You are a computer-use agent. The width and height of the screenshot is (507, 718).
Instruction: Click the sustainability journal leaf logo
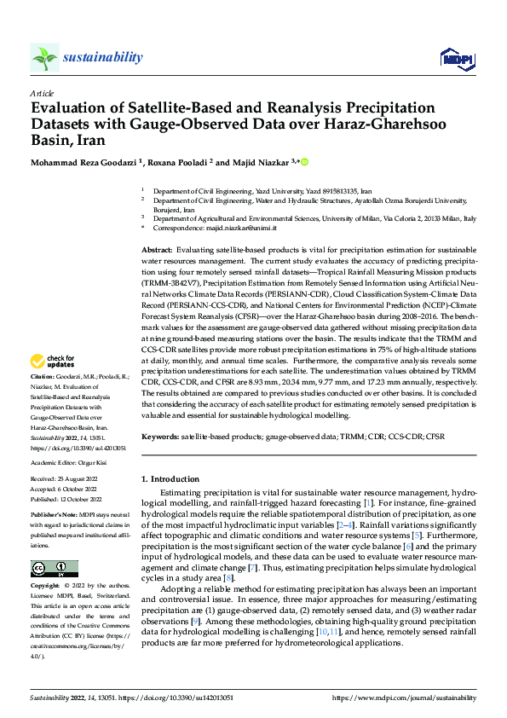coord(44,58)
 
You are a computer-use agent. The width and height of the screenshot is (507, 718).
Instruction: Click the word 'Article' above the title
coord(42,93)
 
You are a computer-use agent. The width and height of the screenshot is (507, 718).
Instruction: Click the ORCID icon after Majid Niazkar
coord(304,161)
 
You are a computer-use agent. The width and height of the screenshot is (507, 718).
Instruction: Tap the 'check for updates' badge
coord(55,385)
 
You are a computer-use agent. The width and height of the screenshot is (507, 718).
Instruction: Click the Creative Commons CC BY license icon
coord(54,569)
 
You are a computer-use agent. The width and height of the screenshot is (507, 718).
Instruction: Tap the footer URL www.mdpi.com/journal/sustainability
coord(403,696)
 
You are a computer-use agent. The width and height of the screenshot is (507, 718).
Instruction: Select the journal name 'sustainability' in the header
coord(102,57)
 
